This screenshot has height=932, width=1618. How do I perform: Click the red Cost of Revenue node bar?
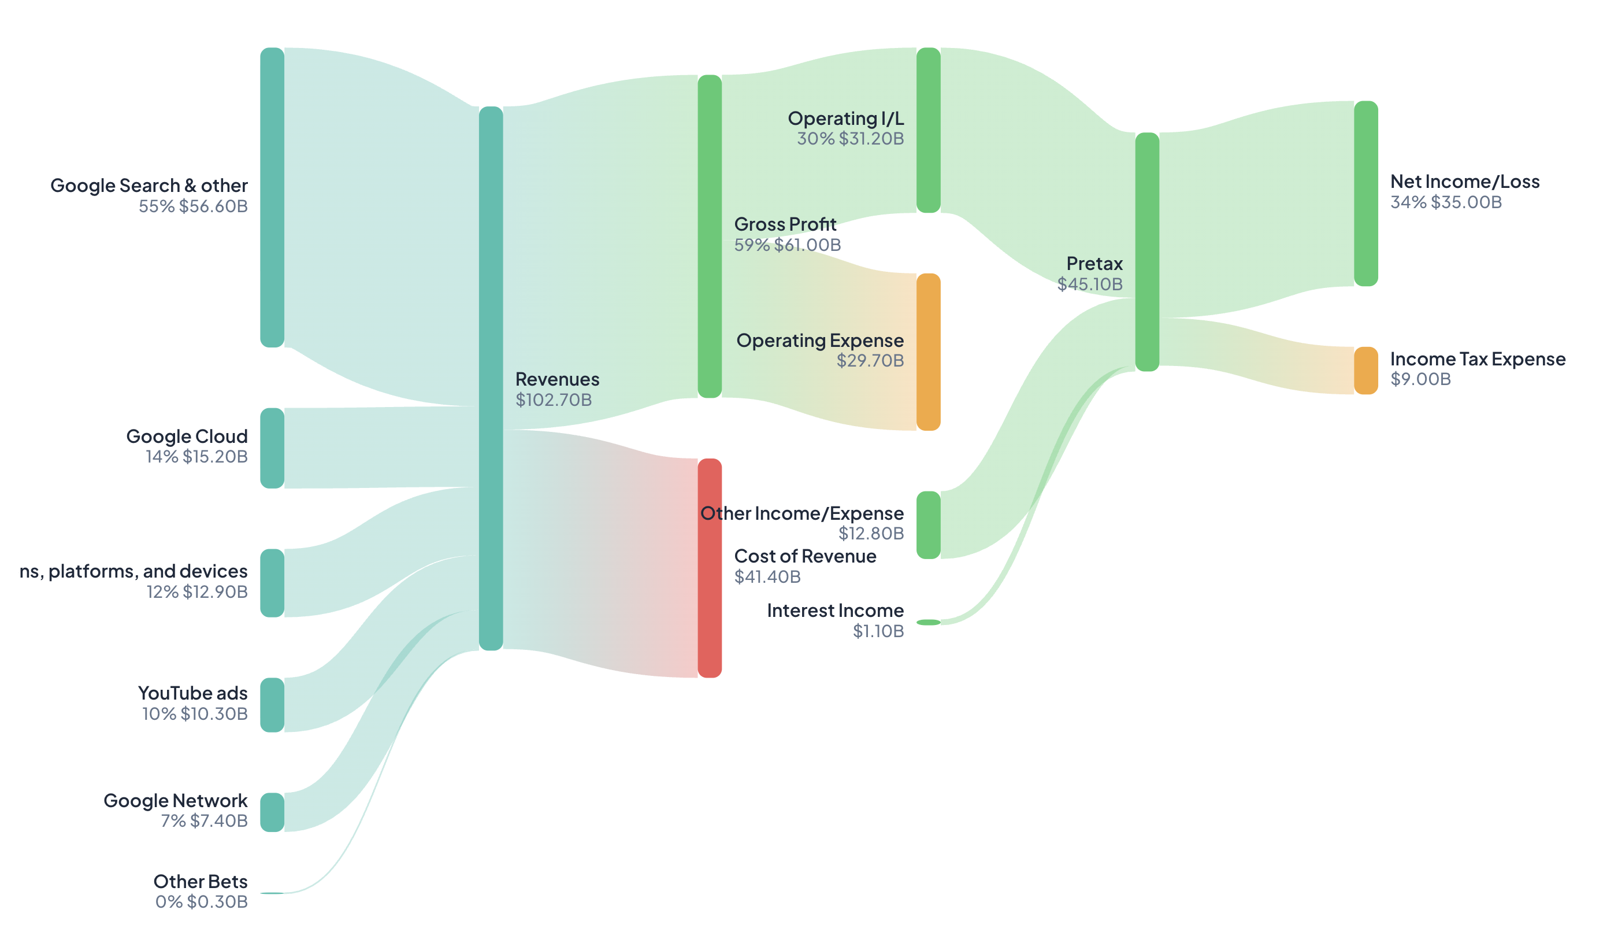pos(709,567)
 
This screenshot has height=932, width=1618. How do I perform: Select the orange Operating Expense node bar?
pos(927,352)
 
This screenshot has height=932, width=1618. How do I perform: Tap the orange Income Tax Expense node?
pos(1365,370)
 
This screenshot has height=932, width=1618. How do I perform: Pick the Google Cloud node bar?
pos(272,447)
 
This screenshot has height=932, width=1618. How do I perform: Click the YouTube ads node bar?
pos(272,704)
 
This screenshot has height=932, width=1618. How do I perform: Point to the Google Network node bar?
pos(272,812)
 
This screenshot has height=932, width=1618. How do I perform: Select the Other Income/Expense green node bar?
pos(927,524)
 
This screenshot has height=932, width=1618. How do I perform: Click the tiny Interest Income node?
pos(927,622)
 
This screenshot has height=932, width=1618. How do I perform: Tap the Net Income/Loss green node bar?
pos(1365,193)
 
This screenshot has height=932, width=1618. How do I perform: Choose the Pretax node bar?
pos(1146,252)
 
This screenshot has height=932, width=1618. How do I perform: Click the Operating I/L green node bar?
pos(927,130)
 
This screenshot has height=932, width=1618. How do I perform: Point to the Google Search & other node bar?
pos(272,197)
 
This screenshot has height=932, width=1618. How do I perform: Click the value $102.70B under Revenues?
pos(554,400)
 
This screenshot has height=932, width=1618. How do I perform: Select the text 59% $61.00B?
pos(787,245)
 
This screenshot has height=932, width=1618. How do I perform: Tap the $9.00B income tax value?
pos(1420,379)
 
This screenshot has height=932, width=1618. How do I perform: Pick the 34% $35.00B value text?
pos(1445,202)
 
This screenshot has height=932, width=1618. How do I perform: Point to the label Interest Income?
pos(835,610)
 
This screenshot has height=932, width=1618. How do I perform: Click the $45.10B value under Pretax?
pos(1089,284)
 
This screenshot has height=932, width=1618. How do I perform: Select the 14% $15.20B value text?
pos(196,456)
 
